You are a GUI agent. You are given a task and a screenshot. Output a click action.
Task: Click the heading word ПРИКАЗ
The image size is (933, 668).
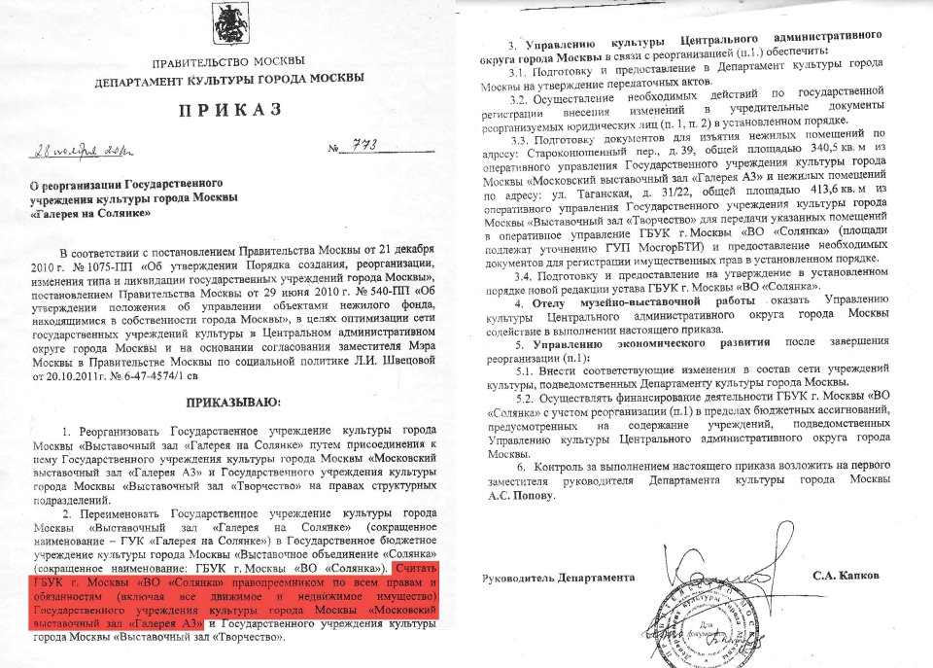pyautogui.click(x=230, y=109)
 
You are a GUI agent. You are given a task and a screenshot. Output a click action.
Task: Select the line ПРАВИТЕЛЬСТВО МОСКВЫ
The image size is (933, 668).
pyautogui.click(x=229, y=61)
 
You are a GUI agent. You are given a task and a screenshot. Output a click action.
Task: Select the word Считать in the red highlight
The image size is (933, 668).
pyautogui.click(x=416, y=567)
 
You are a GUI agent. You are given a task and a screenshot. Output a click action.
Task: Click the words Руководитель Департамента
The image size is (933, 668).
pyautogui.click(x=558, y=578)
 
